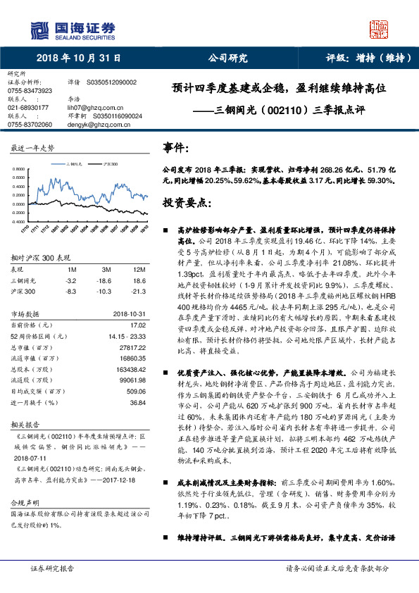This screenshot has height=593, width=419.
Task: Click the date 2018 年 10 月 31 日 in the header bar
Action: coord(77,58)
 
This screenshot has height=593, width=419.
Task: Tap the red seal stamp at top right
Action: coord(380,30)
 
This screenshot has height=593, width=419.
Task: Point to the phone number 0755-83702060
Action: coord(30,125)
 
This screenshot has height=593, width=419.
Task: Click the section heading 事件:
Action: coord(176,149)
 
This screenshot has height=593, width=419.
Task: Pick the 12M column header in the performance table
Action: coord(139,270)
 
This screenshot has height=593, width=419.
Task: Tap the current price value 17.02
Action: coord(138,325)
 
